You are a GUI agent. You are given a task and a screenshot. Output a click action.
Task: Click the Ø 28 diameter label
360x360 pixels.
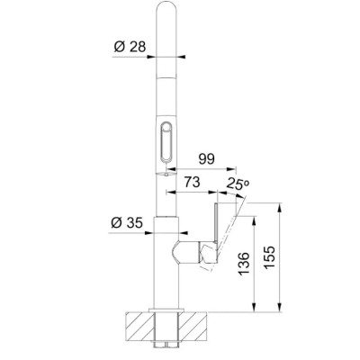click(x=130, y=47)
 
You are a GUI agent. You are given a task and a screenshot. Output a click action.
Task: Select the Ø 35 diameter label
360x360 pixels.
click(x=127, y=223)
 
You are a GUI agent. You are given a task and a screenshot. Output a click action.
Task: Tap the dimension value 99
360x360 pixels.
click(x=207, y=158)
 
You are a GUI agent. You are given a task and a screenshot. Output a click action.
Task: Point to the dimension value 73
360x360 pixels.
click(x=192, y=182)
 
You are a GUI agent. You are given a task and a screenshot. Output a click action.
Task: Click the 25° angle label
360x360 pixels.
click(x=238, y=184)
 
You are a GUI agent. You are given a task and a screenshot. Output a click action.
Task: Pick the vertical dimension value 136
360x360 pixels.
click(x=244, y=263)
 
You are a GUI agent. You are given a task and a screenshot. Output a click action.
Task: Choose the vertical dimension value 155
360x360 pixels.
click(x=269, y=257)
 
